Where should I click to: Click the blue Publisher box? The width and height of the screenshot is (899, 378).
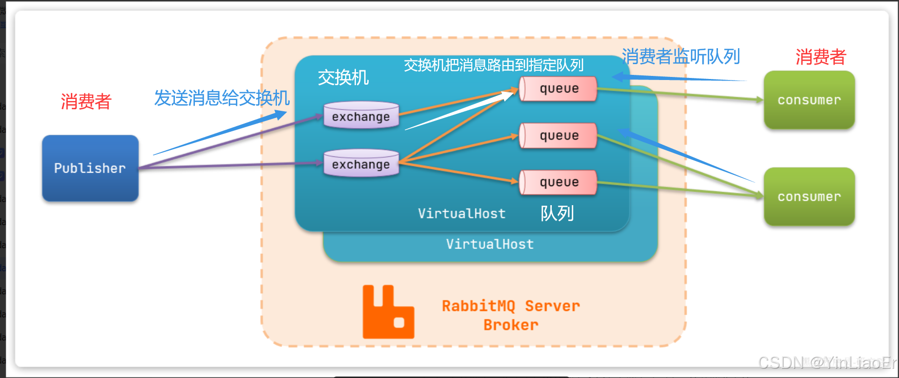(x=90, y=168)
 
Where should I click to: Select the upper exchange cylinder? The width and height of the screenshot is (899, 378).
(x=361, y=115)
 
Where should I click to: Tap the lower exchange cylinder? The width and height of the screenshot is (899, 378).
(x=361, y=163)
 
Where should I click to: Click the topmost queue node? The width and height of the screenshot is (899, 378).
(x=558, y=89)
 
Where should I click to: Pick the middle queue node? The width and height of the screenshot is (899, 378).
(x=558, y=135)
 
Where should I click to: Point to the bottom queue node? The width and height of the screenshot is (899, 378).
(x=558, y=183)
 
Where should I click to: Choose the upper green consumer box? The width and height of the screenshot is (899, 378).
(x=809, y=100)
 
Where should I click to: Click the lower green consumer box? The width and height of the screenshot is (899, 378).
(x=809, y=196)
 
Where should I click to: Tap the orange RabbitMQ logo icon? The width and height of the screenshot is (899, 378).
(x=388, y=312)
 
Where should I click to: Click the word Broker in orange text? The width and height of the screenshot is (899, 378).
(x=511, y=325)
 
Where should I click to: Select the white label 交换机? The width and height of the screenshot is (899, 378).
(x=343, y=78)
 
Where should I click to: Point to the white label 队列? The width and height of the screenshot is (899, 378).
(x=557, y=213)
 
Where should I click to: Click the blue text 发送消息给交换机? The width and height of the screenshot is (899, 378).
(x=222, y=98)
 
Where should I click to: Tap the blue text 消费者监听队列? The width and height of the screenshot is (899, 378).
(x=681, y=57)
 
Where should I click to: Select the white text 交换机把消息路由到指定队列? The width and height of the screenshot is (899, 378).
(x=493, y=65)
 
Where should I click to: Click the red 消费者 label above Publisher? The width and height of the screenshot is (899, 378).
(x=86, y=102)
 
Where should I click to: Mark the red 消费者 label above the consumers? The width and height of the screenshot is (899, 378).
(x=821, y=57)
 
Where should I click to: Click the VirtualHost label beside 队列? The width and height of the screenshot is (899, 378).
(x=462, y=213)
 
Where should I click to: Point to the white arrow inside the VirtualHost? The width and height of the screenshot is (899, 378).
(x=462, y=111)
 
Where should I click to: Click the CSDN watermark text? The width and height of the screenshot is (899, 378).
(x=826, y=363)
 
